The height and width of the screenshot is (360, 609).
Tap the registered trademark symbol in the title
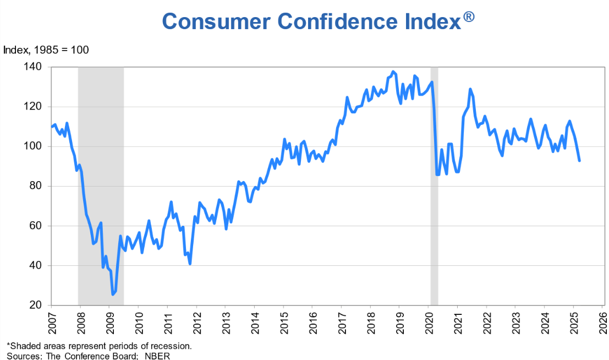[x=468, y=17]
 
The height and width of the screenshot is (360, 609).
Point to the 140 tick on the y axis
[x=42, y=67]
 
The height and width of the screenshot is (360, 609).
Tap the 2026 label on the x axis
[x=603, y=322]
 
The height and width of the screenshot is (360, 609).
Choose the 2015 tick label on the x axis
[x=283, y=322]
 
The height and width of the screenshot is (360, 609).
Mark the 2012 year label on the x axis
[x=196, y=322]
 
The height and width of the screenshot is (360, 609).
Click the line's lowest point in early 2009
[x=113, y=294]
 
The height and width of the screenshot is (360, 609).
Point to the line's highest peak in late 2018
[x=392, y=72]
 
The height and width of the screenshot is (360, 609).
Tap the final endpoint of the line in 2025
[x=579, y=160]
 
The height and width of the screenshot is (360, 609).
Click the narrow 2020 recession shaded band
[x=434, y=220]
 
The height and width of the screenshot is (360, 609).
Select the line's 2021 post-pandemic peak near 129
[x=470, y=89]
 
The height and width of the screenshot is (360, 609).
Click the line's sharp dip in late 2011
[x=190, y=264]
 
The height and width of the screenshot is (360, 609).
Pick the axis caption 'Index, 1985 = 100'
[x=46, y=50]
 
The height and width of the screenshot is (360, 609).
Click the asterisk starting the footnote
[x=8, y=345]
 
